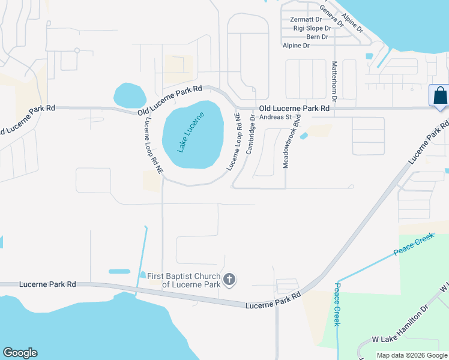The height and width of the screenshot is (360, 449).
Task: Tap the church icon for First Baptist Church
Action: click(x=229, y=279)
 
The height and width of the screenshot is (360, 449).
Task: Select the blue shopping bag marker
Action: click(x=439, y=96)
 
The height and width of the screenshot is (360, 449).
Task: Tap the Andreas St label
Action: click(x=275, y=118)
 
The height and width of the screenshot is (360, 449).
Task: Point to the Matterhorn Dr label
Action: click(x=335, y=80)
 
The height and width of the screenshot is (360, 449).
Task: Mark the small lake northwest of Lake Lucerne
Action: click(x=130, y=95)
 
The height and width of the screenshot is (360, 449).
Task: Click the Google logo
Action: click(x=20, y=353)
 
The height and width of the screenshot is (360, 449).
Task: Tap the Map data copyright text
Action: click(x=411, y=355)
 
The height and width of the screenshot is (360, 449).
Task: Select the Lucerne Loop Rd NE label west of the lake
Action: click(x=152, y=145)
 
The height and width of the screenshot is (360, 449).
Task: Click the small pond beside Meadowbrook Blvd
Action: click(x=304, y=136)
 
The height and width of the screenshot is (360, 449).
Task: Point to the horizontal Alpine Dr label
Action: click(x=296, y=46)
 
